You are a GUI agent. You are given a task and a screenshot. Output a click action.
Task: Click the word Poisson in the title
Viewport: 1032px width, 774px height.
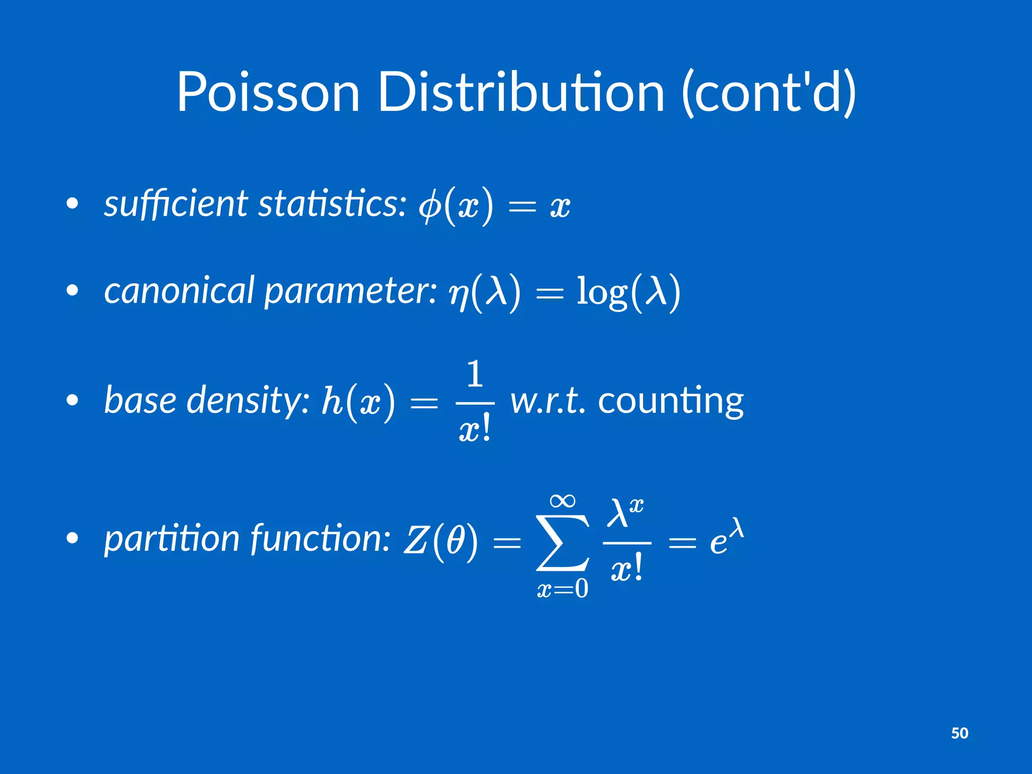[x=268, y=93]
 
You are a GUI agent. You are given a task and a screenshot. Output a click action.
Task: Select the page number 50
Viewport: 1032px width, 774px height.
[x=959, y=733]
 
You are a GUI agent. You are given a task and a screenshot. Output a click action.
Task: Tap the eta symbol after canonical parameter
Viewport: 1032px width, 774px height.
[x=459, y=294]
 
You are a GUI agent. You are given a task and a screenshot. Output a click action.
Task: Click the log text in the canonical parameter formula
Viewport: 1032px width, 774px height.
[x=602, y=292]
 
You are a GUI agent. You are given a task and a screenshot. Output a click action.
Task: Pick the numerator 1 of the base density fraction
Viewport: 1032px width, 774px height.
[x=475, y=374]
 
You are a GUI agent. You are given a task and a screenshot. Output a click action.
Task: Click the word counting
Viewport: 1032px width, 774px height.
[x=670, y=402]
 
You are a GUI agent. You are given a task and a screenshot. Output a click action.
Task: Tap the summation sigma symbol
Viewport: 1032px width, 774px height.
[x=562, y=543]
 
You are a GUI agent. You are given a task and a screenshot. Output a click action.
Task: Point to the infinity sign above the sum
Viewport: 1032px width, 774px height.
[x=562, y=501]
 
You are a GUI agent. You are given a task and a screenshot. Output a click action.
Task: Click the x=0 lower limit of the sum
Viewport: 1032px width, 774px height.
[x=562, y=589]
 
